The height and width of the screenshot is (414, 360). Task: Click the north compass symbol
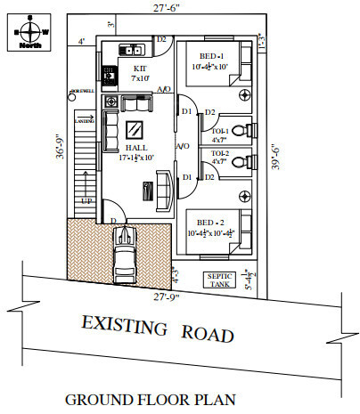tap(31, 28)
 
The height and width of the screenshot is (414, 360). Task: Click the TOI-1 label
tap(218, 130)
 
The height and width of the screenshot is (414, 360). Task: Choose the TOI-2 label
tap(218, 153)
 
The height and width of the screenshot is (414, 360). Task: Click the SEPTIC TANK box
tap(219, 279)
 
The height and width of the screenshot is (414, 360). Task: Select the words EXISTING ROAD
tap(158, 329)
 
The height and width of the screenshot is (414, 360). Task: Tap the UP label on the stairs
tap(86, 201)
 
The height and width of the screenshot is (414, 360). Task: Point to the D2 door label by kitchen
tap(162, 40)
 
